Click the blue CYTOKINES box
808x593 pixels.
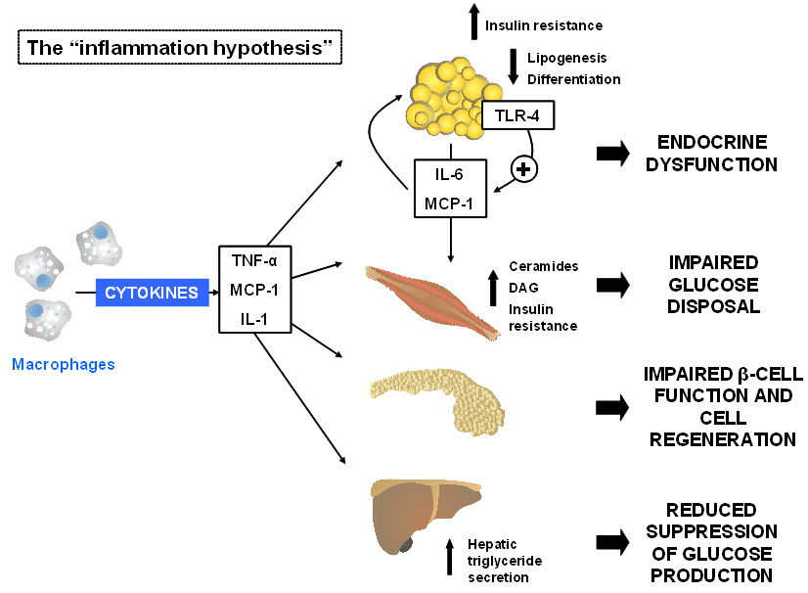[x=152, y=293]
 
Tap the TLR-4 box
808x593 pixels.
[x=517, y=115]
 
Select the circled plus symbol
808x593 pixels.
[x=523, y=169]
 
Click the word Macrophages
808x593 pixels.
[x=64, y=365]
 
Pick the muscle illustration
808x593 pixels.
[x=431, y=301]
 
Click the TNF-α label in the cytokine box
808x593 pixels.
[x=254, y=261]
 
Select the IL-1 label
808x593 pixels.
[x=254, y=319]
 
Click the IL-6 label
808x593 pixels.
[x=449, y=175]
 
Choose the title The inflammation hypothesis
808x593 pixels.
[x=180, y=47]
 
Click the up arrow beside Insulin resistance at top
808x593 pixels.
[x=474, y=22]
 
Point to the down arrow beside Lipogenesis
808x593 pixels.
[x=514, y=67]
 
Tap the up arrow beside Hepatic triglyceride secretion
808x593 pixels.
[x=450, y=557]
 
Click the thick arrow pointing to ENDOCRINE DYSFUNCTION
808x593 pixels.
[x=612, y=154]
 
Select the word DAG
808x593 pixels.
[x=523, y=288]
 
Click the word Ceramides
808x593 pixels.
[x=544, y=266]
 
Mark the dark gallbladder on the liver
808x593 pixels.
[x=406, y=544]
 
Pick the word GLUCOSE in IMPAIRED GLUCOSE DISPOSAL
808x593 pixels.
[x=714, y=285]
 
